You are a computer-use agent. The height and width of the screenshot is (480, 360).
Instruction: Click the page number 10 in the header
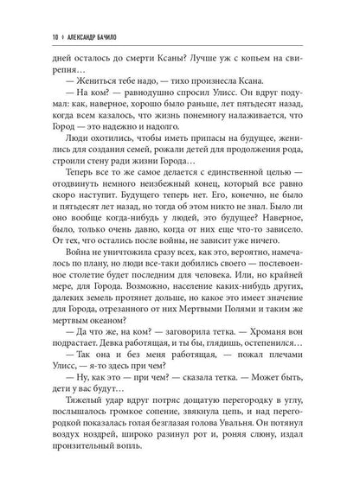coord(31,12)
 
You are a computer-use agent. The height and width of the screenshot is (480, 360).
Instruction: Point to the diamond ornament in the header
coord(44,12)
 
